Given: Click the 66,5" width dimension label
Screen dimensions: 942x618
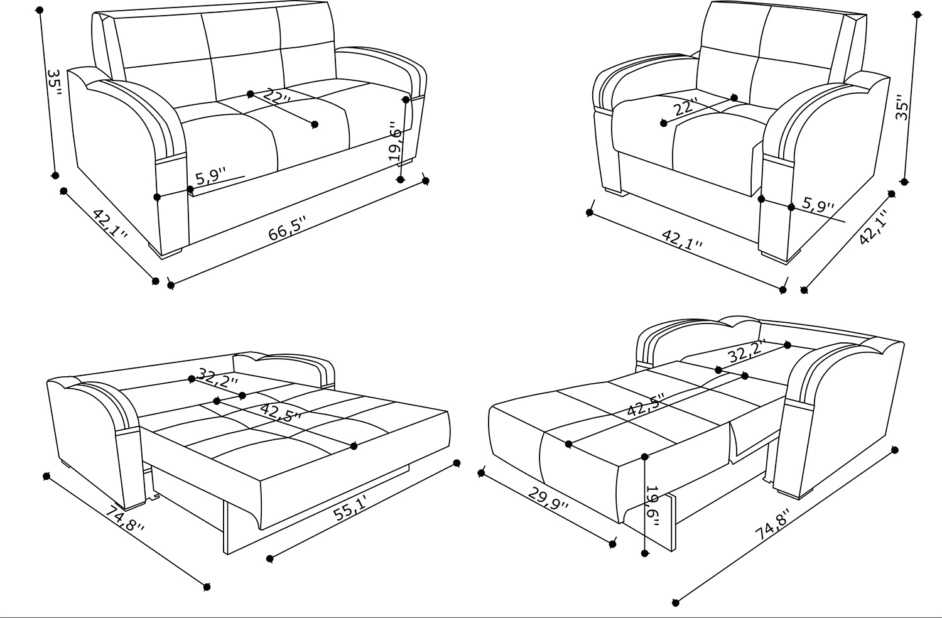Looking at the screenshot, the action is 288,229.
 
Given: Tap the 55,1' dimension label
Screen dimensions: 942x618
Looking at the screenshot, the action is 350,508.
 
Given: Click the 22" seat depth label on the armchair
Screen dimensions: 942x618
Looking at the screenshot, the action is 686,106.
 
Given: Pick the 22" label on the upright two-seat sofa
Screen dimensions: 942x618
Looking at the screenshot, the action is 276,97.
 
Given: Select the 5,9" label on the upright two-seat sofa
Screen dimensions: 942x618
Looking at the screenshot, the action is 211,176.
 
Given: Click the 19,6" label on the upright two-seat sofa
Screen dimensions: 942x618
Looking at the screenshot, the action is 395,141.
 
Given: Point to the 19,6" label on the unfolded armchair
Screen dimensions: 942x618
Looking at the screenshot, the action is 652,506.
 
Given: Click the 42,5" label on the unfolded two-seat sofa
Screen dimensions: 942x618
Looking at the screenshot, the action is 281,412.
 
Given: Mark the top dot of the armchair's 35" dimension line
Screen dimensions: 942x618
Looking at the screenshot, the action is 918,14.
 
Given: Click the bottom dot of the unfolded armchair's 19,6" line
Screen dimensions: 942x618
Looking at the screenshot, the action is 645,554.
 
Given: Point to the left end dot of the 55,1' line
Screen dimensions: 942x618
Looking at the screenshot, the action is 270,559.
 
